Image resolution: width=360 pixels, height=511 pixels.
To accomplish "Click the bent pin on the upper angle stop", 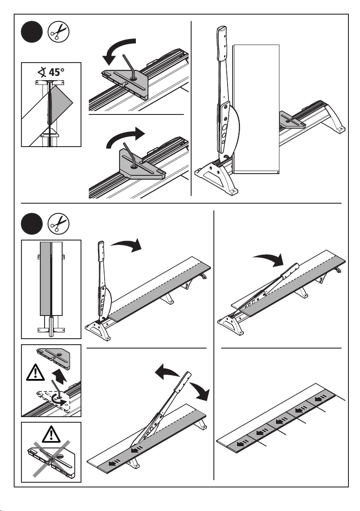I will (128, 64).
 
